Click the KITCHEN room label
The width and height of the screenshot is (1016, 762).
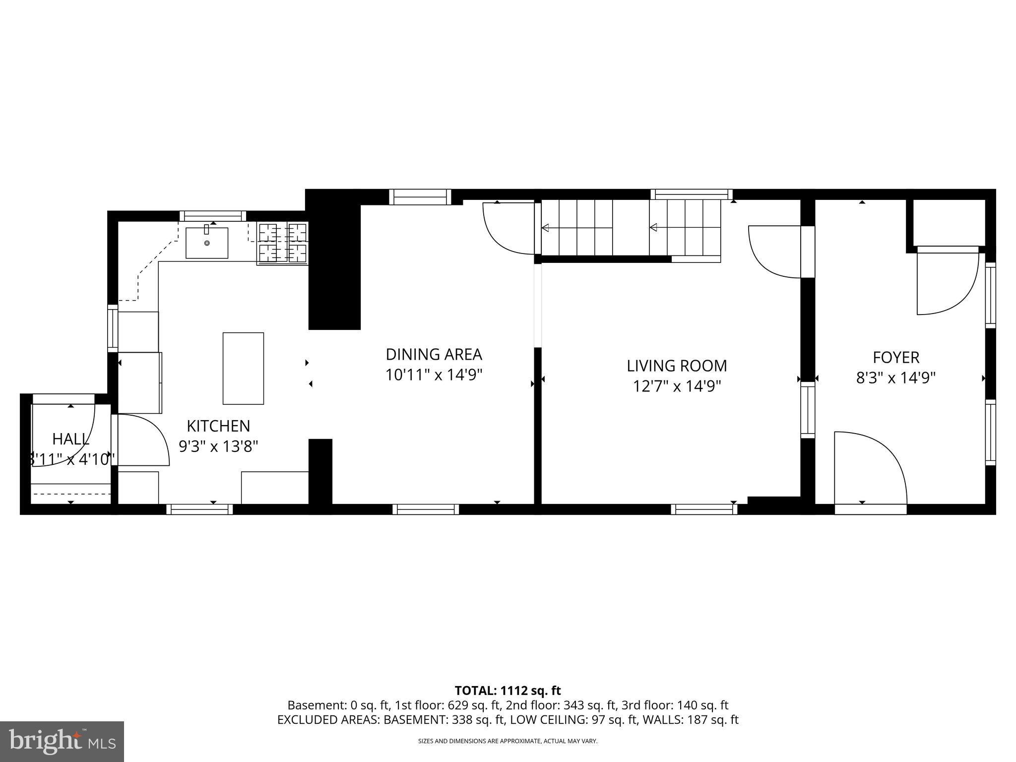218,426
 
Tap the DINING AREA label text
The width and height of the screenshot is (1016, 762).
434,354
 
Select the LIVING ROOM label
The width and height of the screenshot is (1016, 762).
677,366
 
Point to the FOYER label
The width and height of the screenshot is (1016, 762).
896,357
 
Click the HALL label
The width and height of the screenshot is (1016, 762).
71,439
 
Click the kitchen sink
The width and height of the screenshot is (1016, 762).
207,243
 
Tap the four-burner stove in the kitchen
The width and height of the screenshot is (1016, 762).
283,243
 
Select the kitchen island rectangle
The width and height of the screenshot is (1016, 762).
243,368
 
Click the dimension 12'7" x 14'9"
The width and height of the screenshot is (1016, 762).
677,386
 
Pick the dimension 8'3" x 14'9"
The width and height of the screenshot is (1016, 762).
896,378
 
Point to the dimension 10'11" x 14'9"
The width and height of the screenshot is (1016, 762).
434,375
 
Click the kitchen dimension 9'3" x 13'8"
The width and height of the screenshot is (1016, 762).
218,446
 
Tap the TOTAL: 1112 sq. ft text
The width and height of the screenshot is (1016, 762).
508,690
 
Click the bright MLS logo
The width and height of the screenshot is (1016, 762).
62,741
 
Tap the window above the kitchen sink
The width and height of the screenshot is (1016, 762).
212,216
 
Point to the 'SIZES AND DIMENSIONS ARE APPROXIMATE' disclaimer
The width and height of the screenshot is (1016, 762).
508,741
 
